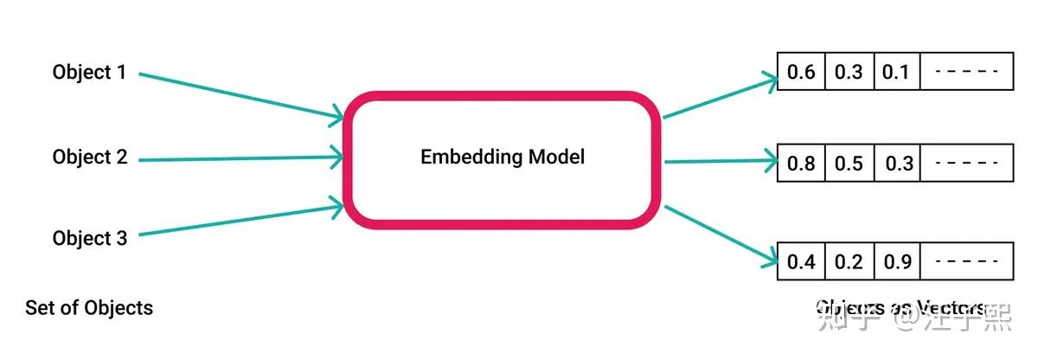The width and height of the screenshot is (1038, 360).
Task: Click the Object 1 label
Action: (89, 73)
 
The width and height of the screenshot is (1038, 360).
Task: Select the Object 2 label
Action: (89, 157)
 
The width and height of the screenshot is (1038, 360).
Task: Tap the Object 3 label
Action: (89, 238)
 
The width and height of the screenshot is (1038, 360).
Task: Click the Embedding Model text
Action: (503, 157)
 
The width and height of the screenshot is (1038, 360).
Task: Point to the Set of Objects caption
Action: (89, 307)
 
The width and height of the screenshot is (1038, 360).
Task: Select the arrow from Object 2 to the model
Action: (242, 158)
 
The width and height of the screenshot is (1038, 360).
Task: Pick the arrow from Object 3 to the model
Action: (242, 220)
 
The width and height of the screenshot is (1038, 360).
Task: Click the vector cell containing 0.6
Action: (801, 72)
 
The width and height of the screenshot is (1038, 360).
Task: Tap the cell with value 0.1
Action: (896, 72)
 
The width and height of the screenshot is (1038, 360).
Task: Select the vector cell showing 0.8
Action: (801, 164)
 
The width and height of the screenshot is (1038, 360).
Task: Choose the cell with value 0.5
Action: (849, 164)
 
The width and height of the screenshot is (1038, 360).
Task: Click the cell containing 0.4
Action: (801, 261)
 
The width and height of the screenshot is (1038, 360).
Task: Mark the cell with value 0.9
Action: (896, 261)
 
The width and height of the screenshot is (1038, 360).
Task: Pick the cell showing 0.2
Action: (849, 261)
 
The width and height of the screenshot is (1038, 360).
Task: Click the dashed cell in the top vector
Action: (966, 72)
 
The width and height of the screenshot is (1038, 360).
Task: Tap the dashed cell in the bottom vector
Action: (966, 261)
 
